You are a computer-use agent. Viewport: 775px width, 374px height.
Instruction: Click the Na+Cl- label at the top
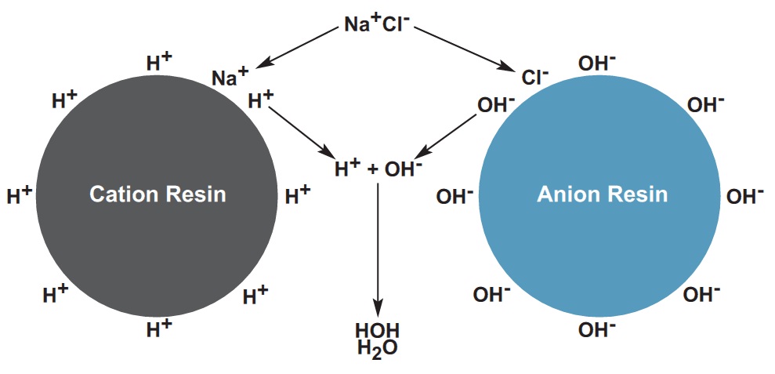coord(377,23)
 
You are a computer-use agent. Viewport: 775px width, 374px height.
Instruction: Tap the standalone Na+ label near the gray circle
coord(230,76)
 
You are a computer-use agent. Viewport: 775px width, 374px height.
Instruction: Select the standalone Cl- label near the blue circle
coord(534,76)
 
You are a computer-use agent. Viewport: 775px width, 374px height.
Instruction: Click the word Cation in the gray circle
coord(125,194)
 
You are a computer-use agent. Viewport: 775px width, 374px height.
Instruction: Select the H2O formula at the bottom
coord(377,349)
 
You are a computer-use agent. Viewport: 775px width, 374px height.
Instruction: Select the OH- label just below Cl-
coord(495,104)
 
